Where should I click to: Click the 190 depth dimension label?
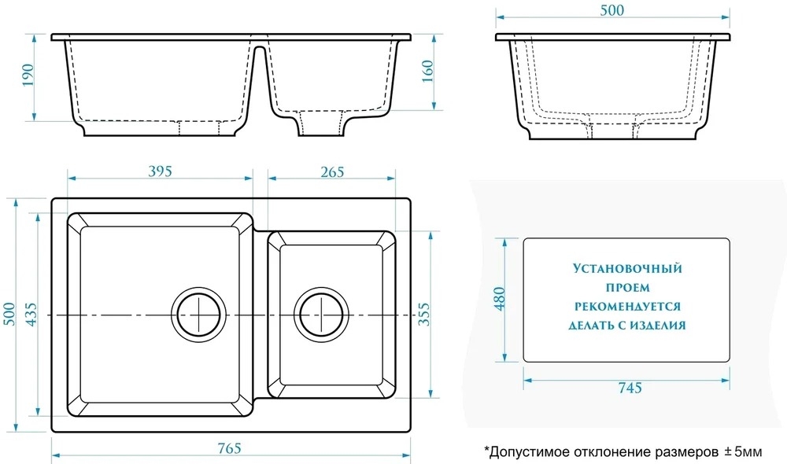click(x=27, y=75)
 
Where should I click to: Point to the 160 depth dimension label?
click(x=427, y=72)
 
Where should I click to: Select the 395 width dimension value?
click(x=160, y=171)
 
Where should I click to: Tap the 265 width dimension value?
click(x=332, y=172)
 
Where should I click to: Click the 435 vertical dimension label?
click(x=31, y=315)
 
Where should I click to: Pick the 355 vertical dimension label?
click(x=424, y=314)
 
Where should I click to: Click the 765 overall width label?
click(x=229, y=447)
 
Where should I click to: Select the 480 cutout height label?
click(x=500, y=299)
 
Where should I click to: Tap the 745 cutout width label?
click(x=630, y=388)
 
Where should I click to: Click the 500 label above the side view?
click(x=612, y=10)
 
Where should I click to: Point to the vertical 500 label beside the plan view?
click(x=9, y=314)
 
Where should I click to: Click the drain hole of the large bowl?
click(x=199, y=315)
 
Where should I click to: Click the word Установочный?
click(x=627, y=268)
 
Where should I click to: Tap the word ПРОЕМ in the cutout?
click(x=627, y=288)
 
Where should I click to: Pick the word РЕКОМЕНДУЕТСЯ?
click(x=627, y=307)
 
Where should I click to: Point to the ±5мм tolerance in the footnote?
click(x=743, y=452)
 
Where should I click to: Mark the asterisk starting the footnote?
click(x=486, y=448)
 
